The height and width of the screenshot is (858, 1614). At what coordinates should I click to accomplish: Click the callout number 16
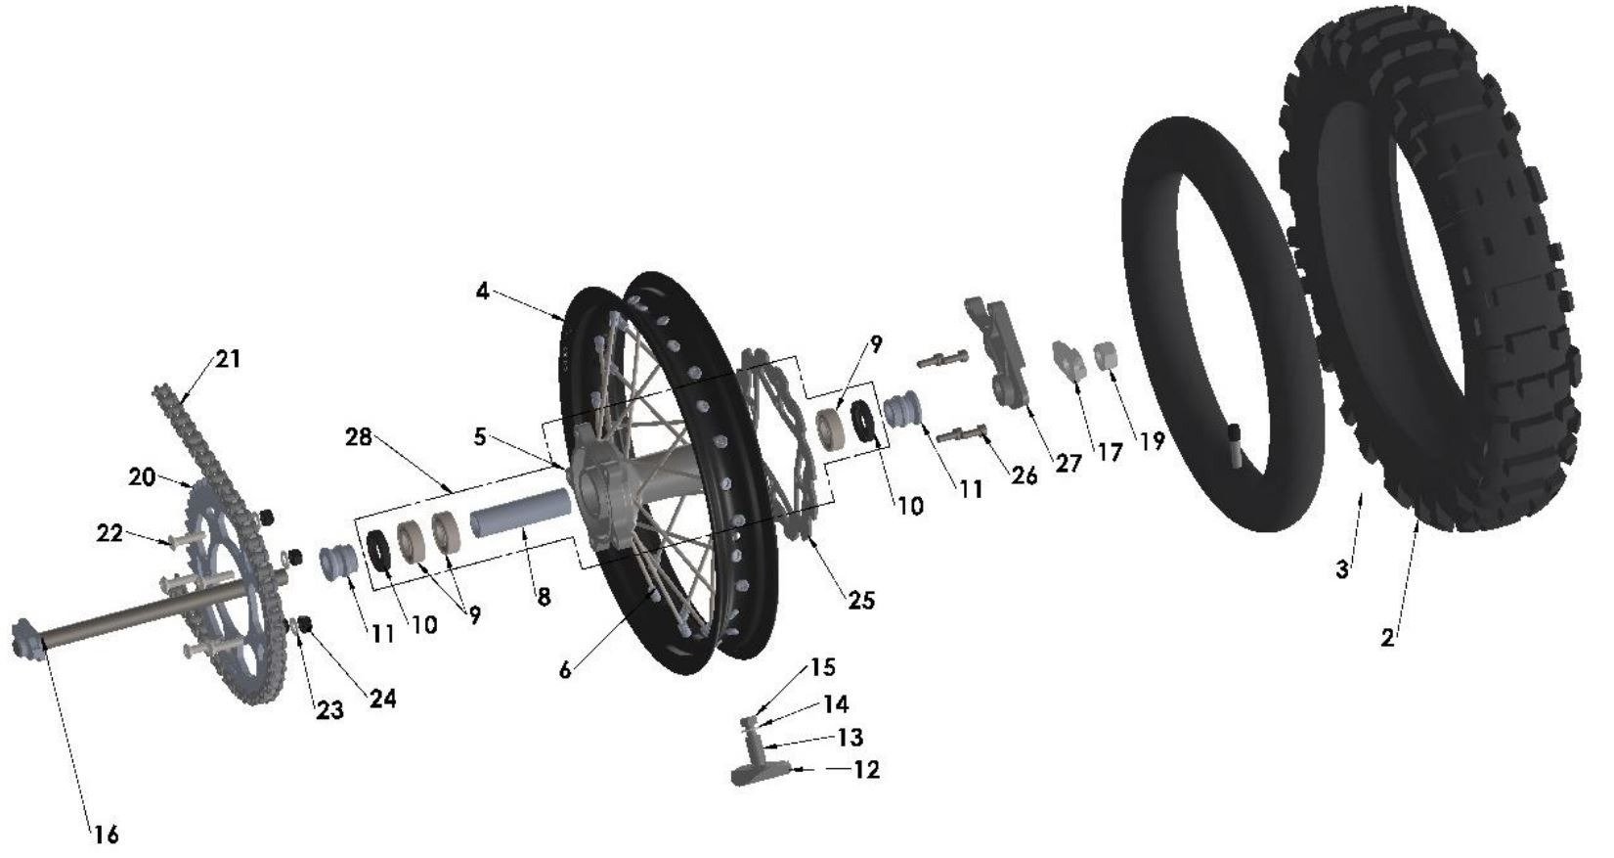point(106,835)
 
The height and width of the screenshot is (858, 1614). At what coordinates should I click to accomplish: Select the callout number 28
point(359,437)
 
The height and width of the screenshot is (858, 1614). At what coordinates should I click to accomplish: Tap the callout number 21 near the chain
point(227,359)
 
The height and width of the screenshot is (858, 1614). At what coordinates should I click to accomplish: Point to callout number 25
point(860,600)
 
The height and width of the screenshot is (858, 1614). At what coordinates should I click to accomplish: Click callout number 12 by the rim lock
point(866,769)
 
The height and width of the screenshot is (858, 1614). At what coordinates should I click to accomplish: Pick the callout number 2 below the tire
point(1388,638)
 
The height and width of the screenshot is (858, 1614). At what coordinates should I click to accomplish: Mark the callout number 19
point(1152,440)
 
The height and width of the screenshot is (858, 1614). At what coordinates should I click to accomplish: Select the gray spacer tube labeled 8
point(520,514)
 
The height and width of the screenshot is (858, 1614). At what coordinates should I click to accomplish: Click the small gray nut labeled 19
point(1105,354)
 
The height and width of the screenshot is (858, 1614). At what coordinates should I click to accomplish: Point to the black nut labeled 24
point(304,623)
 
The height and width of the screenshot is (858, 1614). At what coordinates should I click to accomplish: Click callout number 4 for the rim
point(483,292)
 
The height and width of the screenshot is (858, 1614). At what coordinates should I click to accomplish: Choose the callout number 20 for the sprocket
point(142,476)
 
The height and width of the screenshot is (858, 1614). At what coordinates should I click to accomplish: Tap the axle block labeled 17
point(1069,361)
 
